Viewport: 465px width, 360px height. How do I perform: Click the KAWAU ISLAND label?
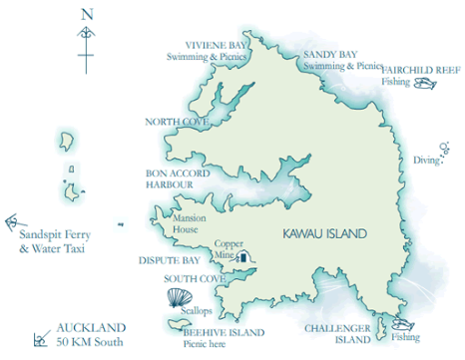[x=325, y=234]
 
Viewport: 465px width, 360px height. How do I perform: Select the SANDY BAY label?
[x=329, y=55]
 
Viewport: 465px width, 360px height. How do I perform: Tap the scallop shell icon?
[x=177, y=297]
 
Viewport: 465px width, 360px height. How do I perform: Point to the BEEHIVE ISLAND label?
[x=229, y=331]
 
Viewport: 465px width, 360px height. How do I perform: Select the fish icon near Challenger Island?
[x=404, y=323]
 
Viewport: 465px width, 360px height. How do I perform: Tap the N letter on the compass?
[x=88, y=14]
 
